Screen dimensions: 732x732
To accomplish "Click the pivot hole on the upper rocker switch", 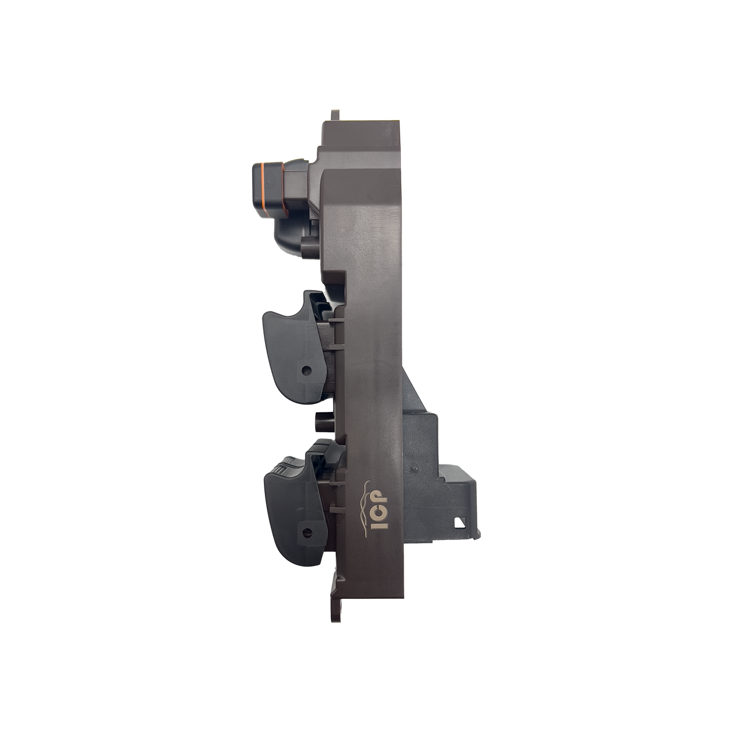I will click(305, 371).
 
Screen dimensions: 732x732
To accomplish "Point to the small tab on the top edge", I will click(334, 113).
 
